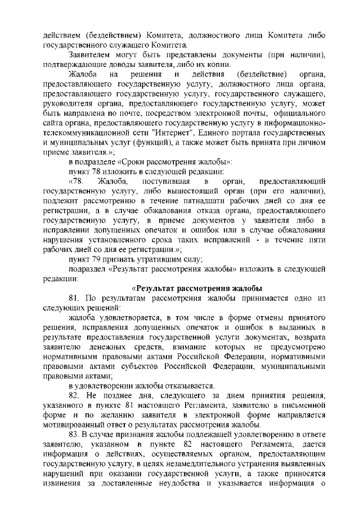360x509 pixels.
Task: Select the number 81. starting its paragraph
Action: click(75, 298)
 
